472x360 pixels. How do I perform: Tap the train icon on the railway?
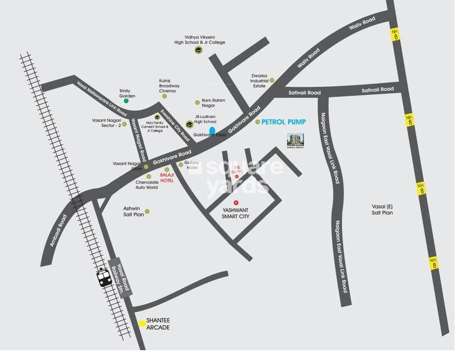point(104,276)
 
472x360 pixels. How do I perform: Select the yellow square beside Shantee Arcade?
point(143,324)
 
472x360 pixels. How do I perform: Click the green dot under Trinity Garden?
point(126,101)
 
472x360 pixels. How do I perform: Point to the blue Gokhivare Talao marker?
point(213,131)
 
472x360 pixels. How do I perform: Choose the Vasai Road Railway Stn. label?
point(118,276)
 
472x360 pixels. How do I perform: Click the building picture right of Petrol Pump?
point(294,141)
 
